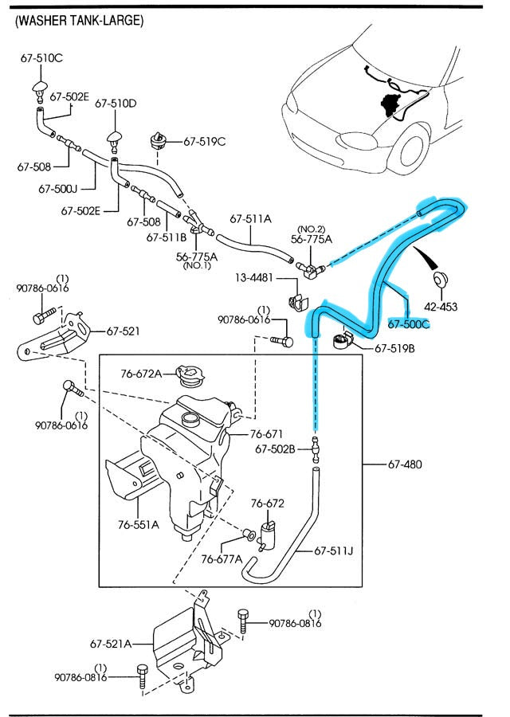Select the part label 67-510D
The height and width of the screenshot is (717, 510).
click(x=116, y=104)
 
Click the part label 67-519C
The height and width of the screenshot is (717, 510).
click(x=205, y=142)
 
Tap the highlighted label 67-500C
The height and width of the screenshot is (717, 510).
click(x=409, y=324)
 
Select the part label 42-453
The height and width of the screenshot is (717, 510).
click(x=441, y=307)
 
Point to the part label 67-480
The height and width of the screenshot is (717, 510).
click(x=406, y=464)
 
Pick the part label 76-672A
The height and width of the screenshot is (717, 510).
click(x=141, y=374)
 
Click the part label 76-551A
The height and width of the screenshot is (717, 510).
click(x=139, y=524)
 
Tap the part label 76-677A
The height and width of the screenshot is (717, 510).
click(x=221, y=558)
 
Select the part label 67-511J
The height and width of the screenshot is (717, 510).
click(x=334, y=550)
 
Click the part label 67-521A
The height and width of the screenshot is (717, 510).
click(x=110, y=643)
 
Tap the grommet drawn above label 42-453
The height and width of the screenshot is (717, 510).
click(x=439, y=278)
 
